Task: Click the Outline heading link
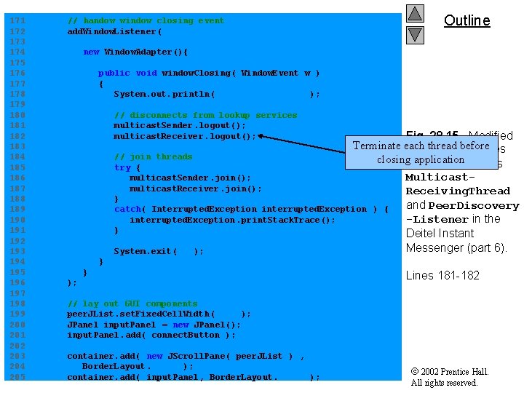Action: pyautogui.click(x=467, y=20)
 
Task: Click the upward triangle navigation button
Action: pyautogui.click(x=415, y=13)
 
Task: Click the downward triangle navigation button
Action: pyautogui.click(x=415, y=33)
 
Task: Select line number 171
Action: pyautogui.click(x=17, y=20)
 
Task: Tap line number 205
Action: pyautogui.click(x=17, y=377)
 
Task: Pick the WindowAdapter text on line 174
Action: pyautogui.click(x=145, y=52)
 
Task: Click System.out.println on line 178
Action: pyautogui.click(x=164, y=94)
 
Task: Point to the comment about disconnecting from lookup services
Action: pyautogui.click(x=205, y=115)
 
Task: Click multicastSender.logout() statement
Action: pyautogui.click(x=179, y=125)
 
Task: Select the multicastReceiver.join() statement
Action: pyautogui.click(x=195, y=188)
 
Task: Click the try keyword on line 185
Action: pyautogui.click(x=122, y=167)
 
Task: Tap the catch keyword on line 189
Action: pyautogui.click(x=127, y=209)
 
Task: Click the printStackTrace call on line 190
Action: pyautogui.click(x=231, y=220)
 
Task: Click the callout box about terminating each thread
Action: pyautogui.click(x=421, y=152)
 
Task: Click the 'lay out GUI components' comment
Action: pyautogui.click(x=132, y=303)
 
